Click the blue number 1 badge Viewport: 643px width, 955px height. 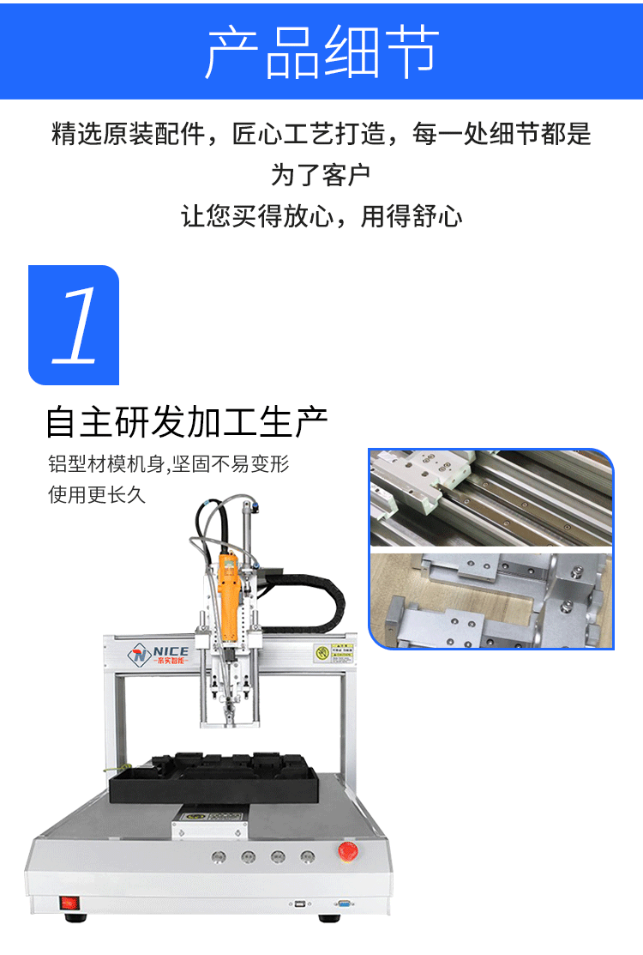(74, 325)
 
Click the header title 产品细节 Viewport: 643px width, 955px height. (321, 51)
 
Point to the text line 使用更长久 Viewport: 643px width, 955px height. (96, 496)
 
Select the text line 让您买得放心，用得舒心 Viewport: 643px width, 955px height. (321, 216)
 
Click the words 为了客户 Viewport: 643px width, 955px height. (321, 176)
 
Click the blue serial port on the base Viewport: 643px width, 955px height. (345, 904)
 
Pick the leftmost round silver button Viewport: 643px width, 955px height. (218, 856)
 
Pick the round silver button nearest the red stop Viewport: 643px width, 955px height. (307, 856)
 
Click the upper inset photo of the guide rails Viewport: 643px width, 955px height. (491, 499)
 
